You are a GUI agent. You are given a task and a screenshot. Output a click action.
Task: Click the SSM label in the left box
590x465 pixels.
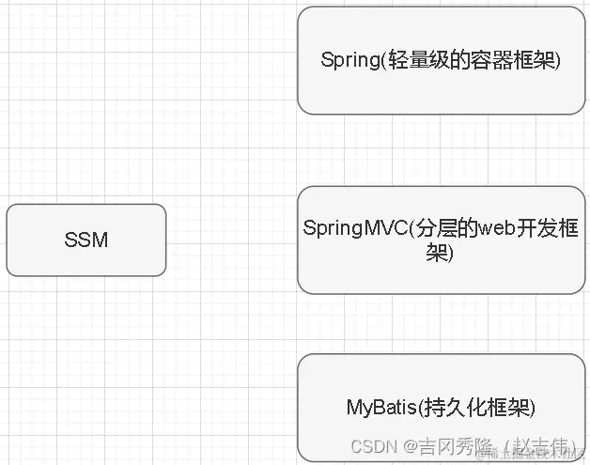pyautogui.click(x=86, y=240)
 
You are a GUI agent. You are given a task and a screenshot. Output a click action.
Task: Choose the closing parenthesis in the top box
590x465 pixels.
pyautogui.click(x=557, y=60)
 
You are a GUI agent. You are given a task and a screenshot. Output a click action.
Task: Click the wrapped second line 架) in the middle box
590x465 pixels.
pyautogui.click(x=441, y=252)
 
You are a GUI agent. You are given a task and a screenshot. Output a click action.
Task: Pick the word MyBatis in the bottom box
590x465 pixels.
pyautogui.click(x=375, y=408)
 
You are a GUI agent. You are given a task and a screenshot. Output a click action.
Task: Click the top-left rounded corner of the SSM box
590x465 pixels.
pyautogui.click(x=10, y=209)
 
